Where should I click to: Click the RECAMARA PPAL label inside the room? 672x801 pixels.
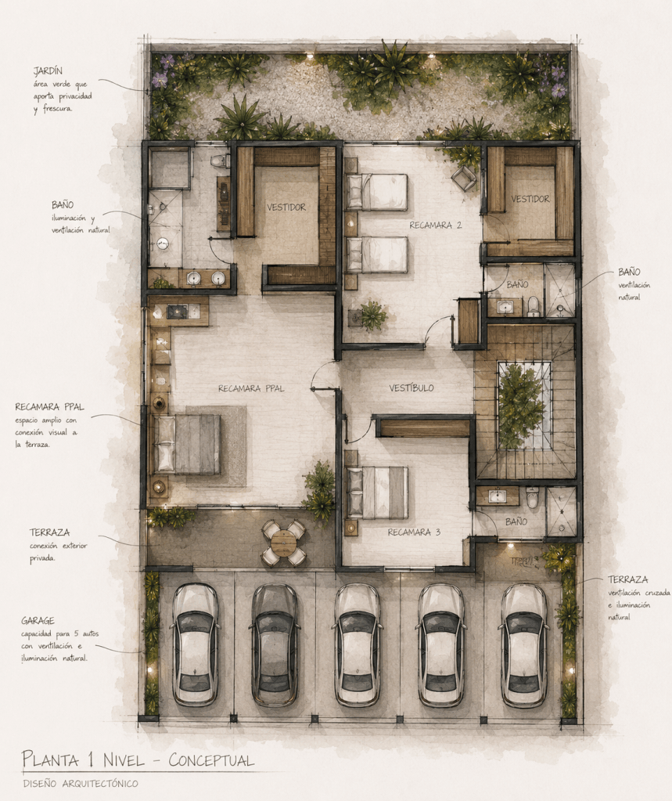pos(251,388)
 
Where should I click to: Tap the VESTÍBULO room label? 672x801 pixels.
pos(411,388)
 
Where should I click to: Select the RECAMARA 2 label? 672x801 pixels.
pos(435,225)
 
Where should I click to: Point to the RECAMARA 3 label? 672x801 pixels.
pos(414,532)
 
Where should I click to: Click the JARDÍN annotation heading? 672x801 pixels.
pos(48,71)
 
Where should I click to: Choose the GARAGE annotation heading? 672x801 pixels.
pos(38,621)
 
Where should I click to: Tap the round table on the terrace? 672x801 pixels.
pos(284,543)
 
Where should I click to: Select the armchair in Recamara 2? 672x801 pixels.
pos(465,179)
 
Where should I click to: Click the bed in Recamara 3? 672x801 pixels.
pos(376,493)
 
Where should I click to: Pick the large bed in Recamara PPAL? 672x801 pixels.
pos(187,445)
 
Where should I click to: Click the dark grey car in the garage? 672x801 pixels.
pos(275,645)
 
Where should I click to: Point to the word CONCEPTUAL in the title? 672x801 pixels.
pos(211,760)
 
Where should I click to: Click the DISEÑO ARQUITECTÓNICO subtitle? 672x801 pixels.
pos(81,783)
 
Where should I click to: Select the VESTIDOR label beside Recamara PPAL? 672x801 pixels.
pos(286,207)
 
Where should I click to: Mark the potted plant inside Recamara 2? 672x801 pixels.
pos(372,316)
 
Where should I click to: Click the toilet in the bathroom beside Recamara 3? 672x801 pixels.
pos(532,497)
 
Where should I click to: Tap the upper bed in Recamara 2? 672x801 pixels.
pos(376,192)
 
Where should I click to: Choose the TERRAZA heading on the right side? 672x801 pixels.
pos(627,580)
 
